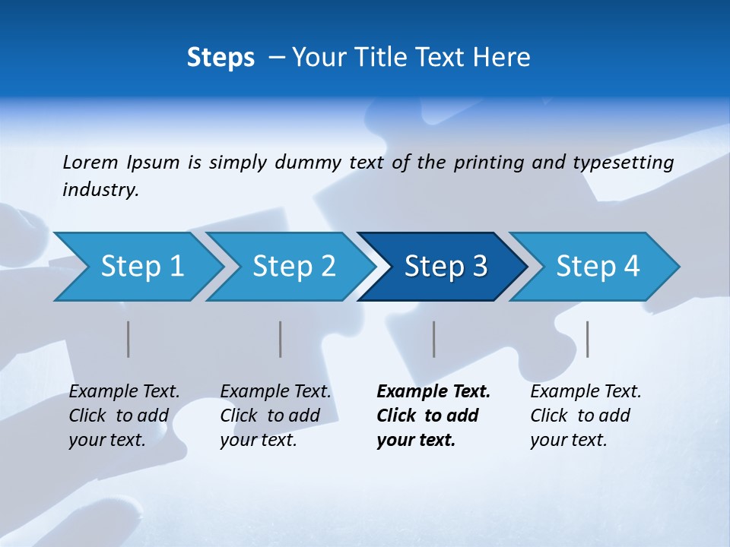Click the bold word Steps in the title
pyautogui.click(x=221, y=58)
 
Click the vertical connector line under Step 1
pyautogui.click(x=129, y=339)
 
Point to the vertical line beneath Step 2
pyautogui.click(x=281, y=339)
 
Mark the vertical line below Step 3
pyautogui.click(x=434, y=339)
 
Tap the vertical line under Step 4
pyautogui.click(x=588, y=339)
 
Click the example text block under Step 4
pyautogui.click(x=586, y=416)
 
